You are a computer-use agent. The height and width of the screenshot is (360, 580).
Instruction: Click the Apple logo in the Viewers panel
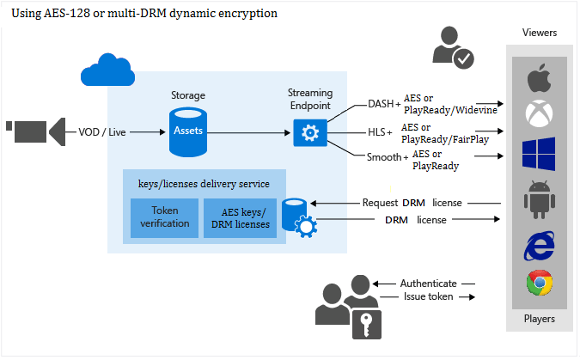click(539, 79)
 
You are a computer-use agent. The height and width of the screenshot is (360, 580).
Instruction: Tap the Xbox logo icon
click(539, 113)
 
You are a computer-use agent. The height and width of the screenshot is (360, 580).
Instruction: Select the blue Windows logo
click(539, 153)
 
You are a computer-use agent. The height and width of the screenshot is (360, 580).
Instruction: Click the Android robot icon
click(539, 196)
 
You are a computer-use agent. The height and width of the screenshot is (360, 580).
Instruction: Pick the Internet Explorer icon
click(539, 244)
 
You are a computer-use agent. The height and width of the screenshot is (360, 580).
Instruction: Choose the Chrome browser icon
click(539, 283)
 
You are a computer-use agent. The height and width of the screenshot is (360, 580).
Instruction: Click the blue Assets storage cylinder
click(189, 131)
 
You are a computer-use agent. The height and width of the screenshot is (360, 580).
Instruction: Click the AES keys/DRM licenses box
click(237, 218)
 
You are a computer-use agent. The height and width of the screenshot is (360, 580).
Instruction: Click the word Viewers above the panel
click(540, 33)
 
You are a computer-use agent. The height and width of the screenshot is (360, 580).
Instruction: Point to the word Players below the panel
click(539, 319)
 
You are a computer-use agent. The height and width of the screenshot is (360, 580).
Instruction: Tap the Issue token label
click(428, 296)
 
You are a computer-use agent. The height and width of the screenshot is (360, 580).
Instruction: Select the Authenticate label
click(428, 283)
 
